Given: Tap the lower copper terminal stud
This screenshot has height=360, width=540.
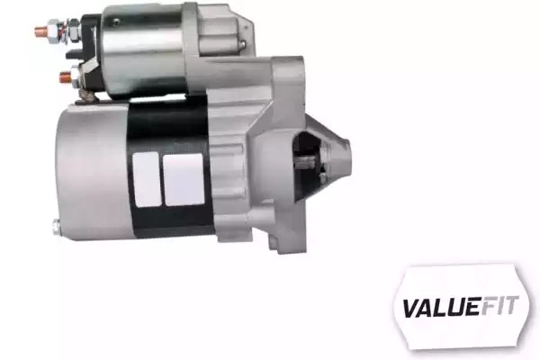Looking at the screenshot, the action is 66,76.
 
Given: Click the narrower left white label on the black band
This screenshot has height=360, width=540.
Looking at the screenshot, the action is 147,179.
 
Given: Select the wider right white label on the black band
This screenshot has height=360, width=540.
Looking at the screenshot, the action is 184,179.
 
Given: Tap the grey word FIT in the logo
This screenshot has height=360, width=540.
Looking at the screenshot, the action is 499,305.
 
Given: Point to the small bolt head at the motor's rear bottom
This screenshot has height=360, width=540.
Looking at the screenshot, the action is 56,228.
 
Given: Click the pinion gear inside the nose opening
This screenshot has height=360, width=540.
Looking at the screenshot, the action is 307,161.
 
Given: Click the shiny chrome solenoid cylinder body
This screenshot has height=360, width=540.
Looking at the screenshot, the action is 143,51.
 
